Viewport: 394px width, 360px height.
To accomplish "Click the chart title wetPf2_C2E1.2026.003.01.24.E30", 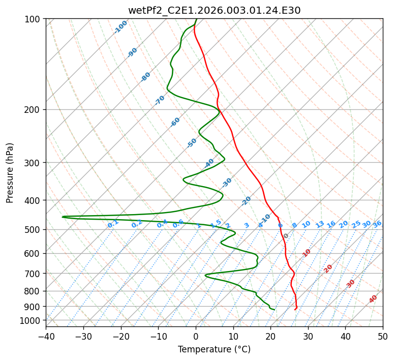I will click(214, 10).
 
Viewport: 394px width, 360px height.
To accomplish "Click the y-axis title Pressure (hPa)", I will click(10, 172).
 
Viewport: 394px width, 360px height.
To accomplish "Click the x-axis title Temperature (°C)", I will click(214, 349).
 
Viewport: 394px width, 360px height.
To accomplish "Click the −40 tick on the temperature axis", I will click(46, 336).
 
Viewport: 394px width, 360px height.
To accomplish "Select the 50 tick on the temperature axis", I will click(383, 336).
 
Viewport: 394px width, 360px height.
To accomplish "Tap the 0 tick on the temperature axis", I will click(196, 336).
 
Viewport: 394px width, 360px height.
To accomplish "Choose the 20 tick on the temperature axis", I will click(270, 336).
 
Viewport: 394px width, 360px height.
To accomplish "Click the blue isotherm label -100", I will click(121, 27).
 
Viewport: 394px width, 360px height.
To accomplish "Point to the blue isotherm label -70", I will click(160, 100).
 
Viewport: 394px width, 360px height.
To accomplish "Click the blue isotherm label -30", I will click(227, 183).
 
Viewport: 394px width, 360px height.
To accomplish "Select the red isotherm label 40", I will click(373, 299).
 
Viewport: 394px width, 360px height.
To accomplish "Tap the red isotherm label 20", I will click(328, 268).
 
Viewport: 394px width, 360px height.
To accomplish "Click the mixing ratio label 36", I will click(377, 224).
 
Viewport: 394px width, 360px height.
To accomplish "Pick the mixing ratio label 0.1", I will click(113, 224).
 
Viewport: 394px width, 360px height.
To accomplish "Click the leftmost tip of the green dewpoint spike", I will click(63, 217).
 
